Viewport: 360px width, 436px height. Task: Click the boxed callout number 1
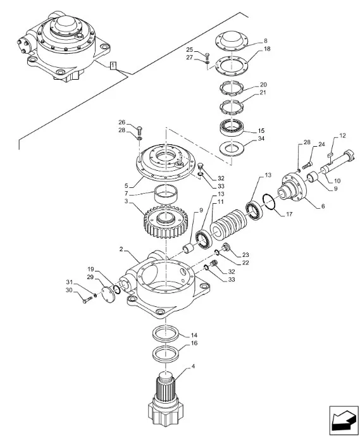113,66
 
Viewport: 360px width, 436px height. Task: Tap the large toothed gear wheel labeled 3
166,221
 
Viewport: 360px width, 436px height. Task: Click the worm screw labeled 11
228,223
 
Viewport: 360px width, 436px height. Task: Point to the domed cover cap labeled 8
232,41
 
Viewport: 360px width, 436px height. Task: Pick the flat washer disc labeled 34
232,149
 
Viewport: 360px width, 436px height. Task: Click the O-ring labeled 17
269,203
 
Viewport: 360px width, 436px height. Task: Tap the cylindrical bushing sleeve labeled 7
166,195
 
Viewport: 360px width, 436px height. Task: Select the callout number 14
194,335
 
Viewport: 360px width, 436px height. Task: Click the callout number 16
194,343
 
